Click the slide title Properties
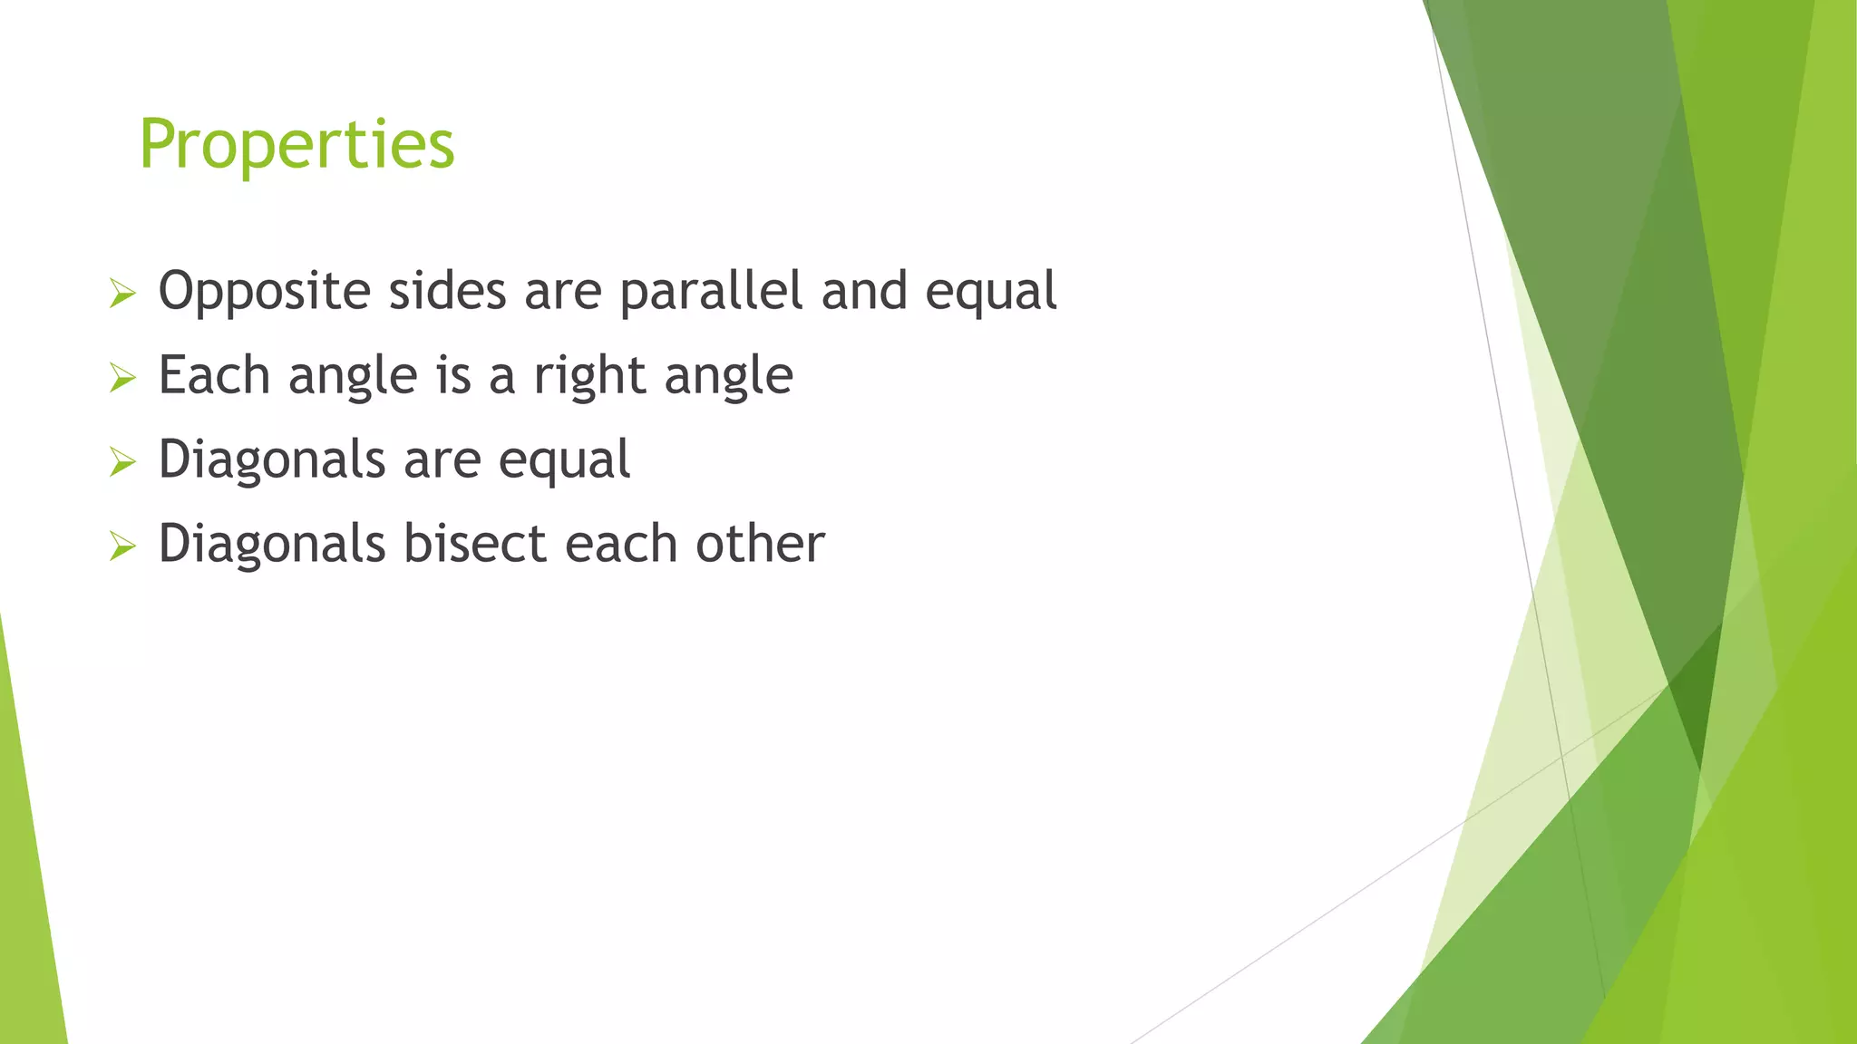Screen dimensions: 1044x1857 (297, 145)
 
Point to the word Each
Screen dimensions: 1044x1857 (214, 375)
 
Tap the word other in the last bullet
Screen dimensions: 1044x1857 (760, 544)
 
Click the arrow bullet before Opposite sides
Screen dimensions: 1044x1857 (122, 294)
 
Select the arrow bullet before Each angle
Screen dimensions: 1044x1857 (122, 378)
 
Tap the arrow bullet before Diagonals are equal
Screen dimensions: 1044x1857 (122, 462)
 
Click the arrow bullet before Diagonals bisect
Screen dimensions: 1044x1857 (122, 546)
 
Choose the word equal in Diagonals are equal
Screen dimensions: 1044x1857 (564, 460)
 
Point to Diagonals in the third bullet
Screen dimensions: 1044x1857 (272, 460)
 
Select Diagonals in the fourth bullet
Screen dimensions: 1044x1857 (272, 544)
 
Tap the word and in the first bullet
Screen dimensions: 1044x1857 (863, 292)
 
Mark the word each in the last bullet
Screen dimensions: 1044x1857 (621, 544)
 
